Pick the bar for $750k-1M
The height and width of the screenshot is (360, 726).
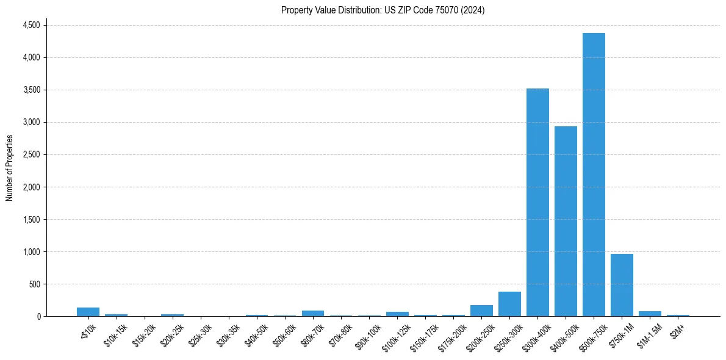click(622, 285)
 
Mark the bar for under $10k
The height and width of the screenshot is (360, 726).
click(88, 312)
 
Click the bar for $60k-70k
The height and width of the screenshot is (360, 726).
click(313, 313)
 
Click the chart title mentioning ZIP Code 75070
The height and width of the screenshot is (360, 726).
click(383, 10)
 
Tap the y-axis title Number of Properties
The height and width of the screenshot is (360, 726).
click(10, 168)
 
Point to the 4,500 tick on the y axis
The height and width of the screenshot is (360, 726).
click(31, 25)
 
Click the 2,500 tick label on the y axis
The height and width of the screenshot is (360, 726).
click(31, 154)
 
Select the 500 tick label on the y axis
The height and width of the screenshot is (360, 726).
click(34, 284)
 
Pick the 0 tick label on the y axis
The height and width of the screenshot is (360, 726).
click(38, 316)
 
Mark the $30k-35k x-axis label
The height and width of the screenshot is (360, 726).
click(227, 334)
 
